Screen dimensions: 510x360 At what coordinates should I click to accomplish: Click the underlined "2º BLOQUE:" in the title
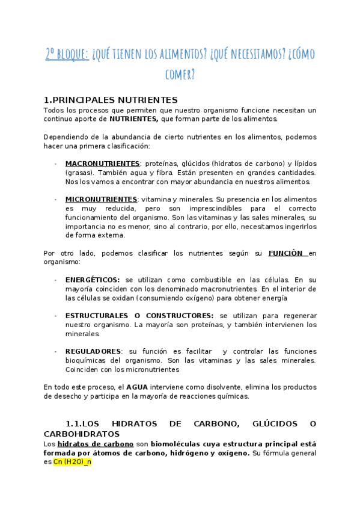(67, 54)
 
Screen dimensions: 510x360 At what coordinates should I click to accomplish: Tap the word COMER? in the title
(180, 75)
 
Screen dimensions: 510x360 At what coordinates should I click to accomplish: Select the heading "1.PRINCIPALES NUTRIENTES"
(111, 100)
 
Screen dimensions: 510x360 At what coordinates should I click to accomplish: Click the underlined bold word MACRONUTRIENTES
(102, 164)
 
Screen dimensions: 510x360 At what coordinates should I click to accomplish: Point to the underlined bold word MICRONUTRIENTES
(101, 199)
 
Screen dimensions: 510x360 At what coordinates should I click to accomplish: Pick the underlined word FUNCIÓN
(287, 253)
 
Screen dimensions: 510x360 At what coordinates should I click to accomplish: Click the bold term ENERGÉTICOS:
(93, 280)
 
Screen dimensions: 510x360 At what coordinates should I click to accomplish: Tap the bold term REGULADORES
(93, 351)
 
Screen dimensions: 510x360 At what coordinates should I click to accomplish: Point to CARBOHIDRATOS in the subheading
(81, 434)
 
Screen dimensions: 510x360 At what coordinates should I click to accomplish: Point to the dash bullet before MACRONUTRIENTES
(55, 164)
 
